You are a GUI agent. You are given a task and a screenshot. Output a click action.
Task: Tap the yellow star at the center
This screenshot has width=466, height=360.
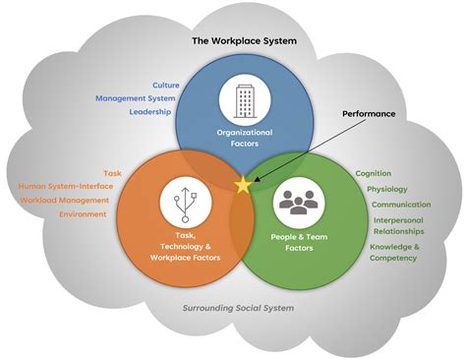tap(242, 183)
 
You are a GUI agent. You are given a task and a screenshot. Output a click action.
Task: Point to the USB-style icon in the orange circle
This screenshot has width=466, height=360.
tap(185, 203)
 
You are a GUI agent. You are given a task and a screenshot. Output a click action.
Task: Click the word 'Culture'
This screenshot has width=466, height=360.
tap(166, 85)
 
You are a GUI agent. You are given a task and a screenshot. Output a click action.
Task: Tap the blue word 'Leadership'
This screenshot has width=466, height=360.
tap(150, 112)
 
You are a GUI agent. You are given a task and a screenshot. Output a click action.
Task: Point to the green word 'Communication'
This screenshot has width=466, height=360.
tap(400, 205)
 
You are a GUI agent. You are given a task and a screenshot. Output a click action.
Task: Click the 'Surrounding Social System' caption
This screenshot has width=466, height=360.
tap(238, 308)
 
